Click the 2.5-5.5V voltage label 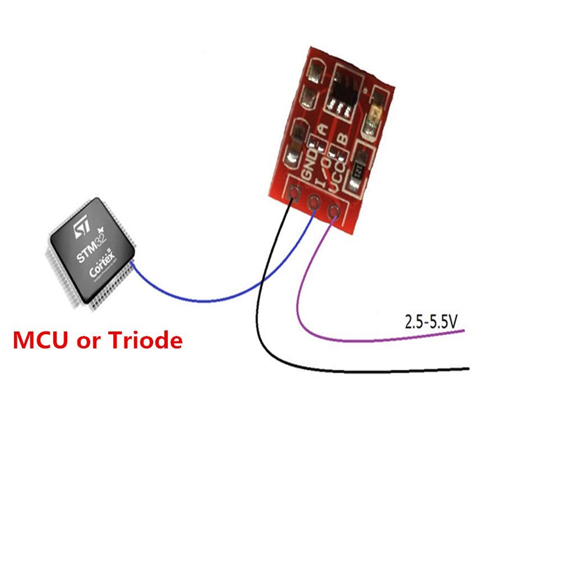coord(431,322)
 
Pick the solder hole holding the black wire coord(294,192)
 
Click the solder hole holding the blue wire coord(314,201)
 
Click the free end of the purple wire coord(462,332)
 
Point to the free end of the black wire coord(468,369)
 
